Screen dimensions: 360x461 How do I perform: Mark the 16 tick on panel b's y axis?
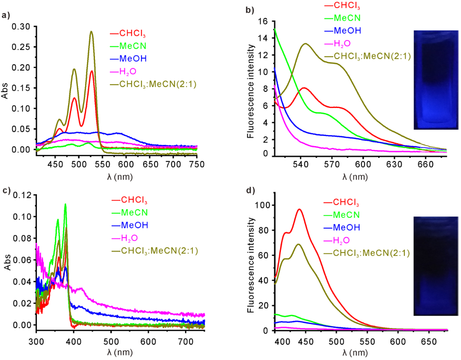coord(263,21)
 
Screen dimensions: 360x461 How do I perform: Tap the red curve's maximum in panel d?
coord(299,209)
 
